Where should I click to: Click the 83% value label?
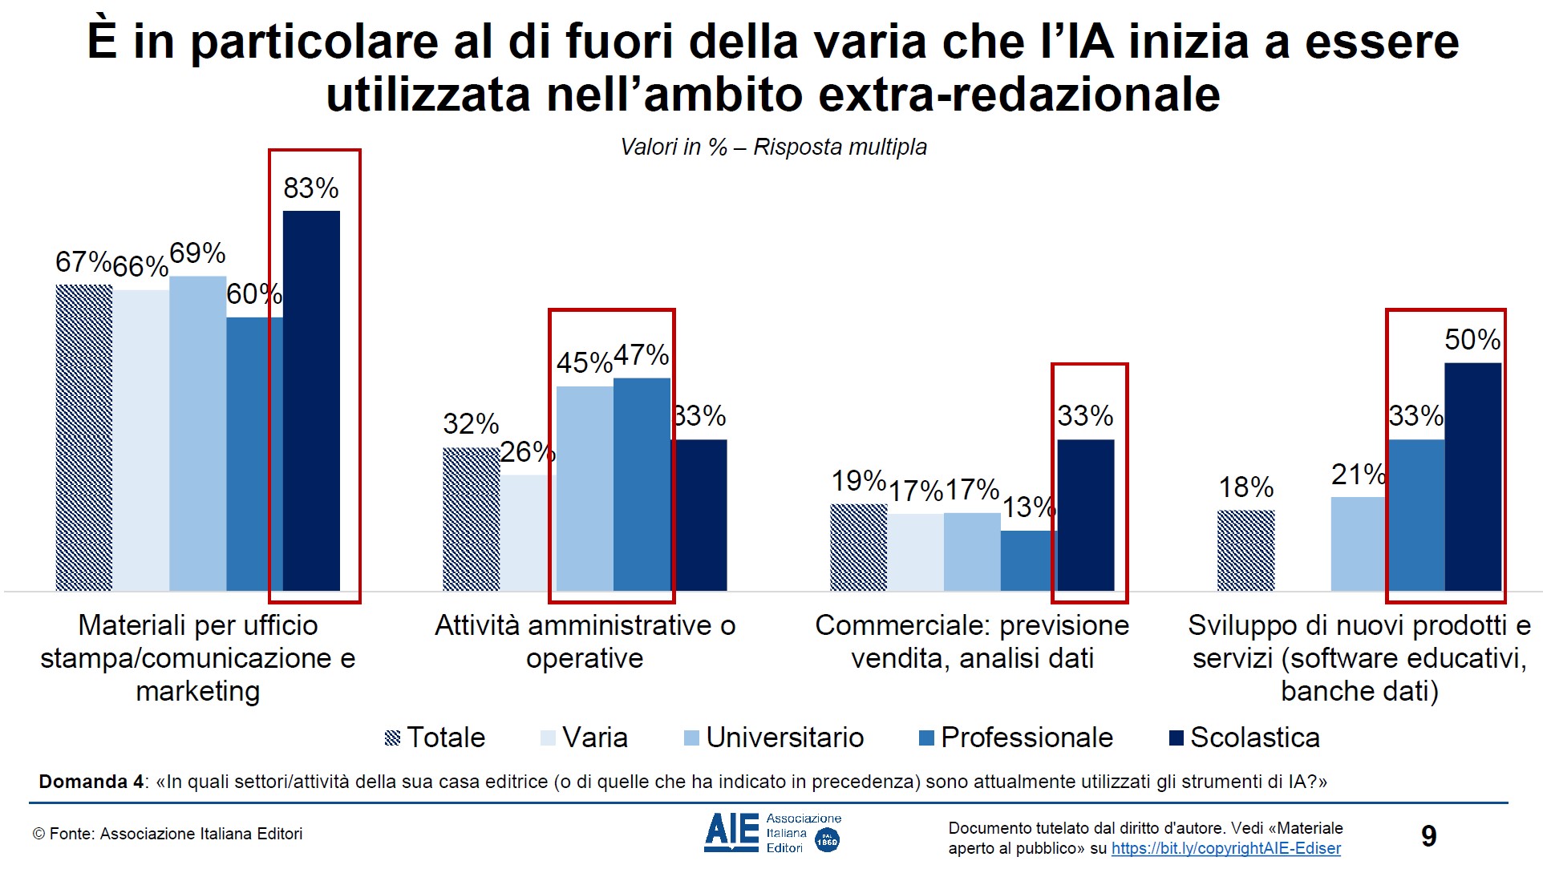click(311, 188)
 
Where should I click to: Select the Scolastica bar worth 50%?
click(1472, 477)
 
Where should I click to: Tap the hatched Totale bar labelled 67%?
click(83, 438)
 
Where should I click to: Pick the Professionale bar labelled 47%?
click(642, 484)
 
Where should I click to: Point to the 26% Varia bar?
click(528, 533)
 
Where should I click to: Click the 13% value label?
click(1029, 507)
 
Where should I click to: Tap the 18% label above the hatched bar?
click(1245, 487)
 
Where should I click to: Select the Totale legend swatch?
click(392, 738)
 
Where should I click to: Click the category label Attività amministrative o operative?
click(585, 641)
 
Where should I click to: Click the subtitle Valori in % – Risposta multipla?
click(773, 148)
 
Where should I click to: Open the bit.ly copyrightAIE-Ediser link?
click(1225, 848)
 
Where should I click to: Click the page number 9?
click(1428, 836)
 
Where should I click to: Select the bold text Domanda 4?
click(91, 782)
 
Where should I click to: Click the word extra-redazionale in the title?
click(1019, 95)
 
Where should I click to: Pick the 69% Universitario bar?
click(197, 433)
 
